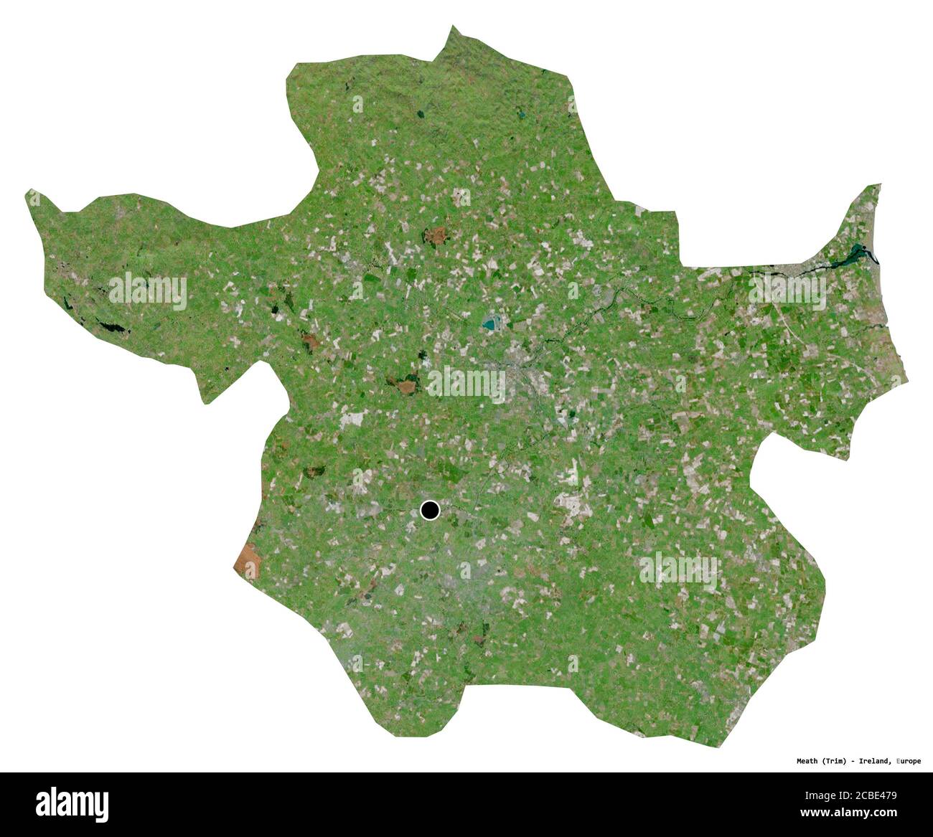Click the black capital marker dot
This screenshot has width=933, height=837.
click(429, 510)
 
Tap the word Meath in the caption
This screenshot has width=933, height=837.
click(810, 761)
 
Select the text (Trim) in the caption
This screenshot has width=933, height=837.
click(838, 761)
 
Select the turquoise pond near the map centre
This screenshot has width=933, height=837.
click(492, 324)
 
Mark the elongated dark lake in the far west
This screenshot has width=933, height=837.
click(113, 328)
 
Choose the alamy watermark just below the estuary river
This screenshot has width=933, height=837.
click(787, 290)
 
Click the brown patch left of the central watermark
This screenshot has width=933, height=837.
click(406, 387)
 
